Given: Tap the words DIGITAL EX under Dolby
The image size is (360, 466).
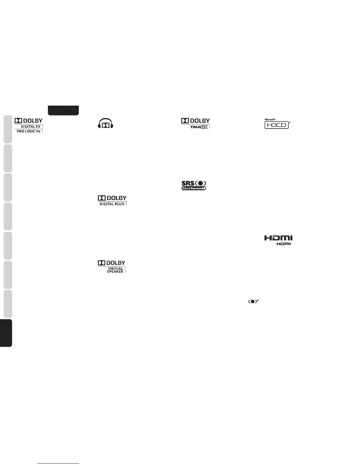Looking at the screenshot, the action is coord(31,127).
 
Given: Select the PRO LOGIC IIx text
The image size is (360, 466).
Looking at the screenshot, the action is coord(29,131).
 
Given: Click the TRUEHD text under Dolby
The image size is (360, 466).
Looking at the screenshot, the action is coord(199,127).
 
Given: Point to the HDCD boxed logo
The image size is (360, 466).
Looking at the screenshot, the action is coord(277,125).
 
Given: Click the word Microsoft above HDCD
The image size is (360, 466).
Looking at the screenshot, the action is coord(270,119).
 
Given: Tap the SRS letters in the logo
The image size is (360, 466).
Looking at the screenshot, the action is coord(188,183).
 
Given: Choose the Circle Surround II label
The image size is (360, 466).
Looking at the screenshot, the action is coord(194,188).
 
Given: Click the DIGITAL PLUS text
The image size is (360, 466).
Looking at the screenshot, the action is coord(112,204).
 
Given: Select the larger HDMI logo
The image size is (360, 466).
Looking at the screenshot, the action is coord(278,238).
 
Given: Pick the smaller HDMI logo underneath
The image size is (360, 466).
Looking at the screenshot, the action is coord(284,244).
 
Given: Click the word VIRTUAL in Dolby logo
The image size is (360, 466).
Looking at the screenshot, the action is coord(116,268).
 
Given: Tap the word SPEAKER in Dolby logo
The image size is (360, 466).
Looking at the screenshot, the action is coord(115,272).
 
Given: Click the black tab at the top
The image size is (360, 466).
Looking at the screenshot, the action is coord(64,110).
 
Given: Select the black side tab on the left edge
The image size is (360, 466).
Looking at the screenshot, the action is coord(6,333).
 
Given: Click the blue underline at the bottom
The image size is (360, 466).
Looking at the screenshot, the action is coord(58,464).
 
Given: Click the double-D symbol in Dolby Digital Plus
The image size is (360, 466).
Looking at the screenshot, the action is coord(101,198).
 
